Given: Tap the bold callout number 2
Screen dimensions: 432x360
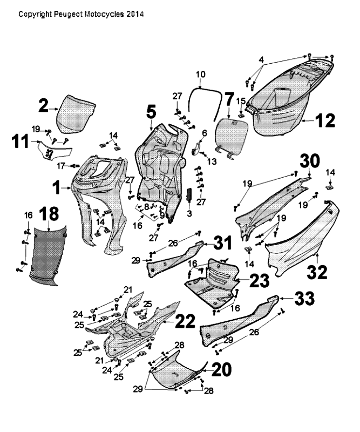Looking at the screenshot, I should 44,106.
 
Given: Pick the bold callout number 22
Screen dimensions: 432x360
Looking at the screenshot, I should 184,321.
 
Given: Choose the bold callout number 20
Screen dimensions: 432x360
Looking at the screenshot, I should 221,369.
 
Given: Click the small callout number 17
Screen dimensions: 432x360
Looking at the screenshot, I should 61,165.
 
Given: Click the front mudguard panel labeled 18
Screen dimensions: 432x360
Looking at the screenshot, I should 49,254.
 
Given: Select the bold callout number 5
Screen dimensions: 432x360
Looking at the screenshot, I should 151,112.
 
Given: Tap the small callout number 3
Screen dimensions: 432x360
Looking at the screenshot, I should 188,214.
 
